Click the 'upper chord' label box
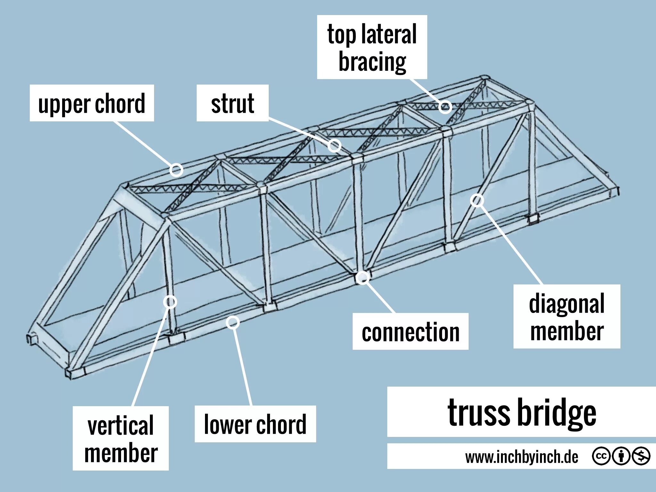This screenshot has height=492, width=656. coord(92,103)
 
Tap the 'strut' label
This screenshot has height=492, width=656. coord(232,103)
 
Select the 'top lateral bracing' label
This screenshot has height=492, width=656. coord(372,47)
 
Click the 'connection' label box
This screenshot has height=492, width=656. coord(410,331)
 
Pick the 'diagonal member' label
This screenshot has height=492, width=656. coord(567,316)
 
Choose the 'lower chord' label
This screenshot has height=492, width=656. coord(255,424)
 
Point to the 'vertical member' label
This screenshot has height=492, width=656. coord(121,438)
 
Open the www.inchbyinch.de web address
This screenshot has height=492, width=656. coord(521,457)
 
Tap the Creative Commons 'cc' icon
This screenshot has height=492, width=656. coord(601,456)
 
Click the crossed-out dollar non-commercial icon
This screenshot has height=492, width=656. coord(641,456)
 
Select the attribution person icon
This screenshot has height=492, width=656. coord(621,456)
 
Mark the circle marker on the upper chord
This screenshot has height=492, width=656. coord(176,170)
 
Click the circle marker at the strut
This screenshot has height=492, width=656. coord(334,146)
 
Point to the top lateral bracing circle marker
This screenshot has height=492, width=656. coord(445,107)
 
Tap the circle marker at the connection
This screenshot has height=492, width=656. coord(362,278)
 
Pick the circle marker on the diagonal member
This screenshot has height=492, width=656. coord(477,201)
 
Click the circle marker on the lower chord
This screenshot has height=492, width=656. coord(233,322)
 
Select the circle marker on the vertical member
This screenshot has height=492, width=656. coord(170,302)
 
